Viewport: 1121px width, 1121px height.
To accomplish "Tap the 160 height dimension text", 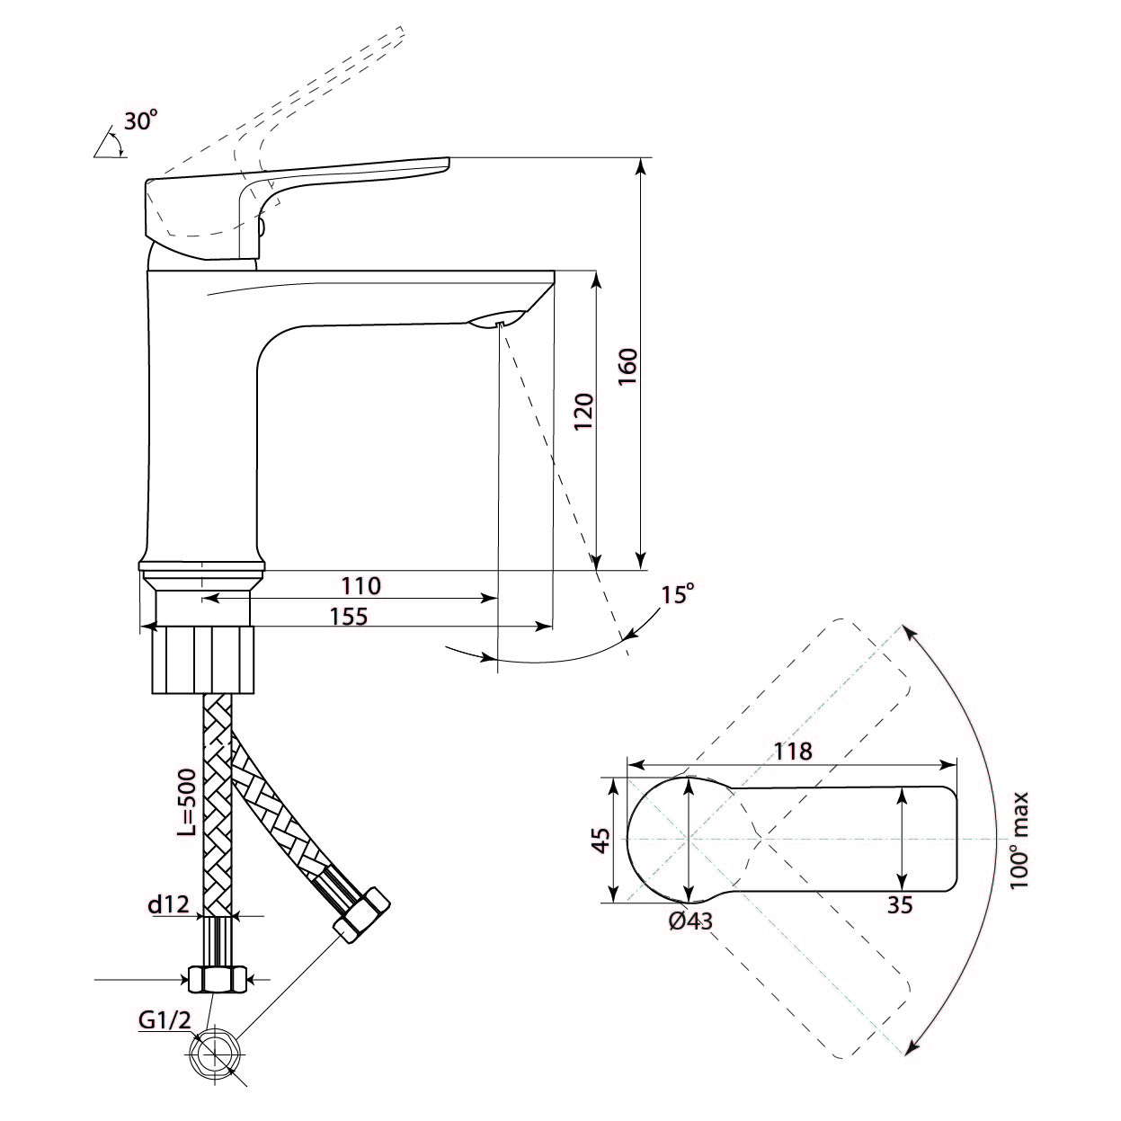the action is tap(628, 366).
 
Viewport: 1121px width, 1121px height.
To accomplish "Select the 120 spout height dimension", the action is tap(584, 412).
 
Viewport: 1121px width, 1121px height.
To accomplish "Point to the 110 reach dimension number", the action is tap(360, 586).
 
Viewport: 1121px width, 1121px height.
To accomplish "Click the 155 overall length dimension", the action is tap(349, 617).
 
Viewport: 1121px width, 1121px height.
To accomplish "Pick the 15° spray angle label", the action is tap(678, 594).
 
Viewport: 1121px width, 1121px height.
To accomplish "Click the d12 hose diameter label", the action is tap(169, 904).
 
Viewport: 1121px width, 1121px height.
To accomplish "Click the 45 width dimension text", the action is tap(601, 840).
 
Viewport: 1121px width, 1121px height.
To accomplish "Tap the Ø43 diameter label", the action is tap(690, 921).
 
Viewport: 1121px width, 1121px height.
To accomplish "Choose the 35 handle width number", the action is tap(899, 905).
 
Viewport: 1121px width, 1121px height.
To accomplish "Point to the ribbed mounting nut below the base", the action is tap(203, 659).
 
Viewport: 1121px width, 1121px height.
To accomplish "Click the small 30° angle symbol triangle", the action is tap(108, 144).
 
